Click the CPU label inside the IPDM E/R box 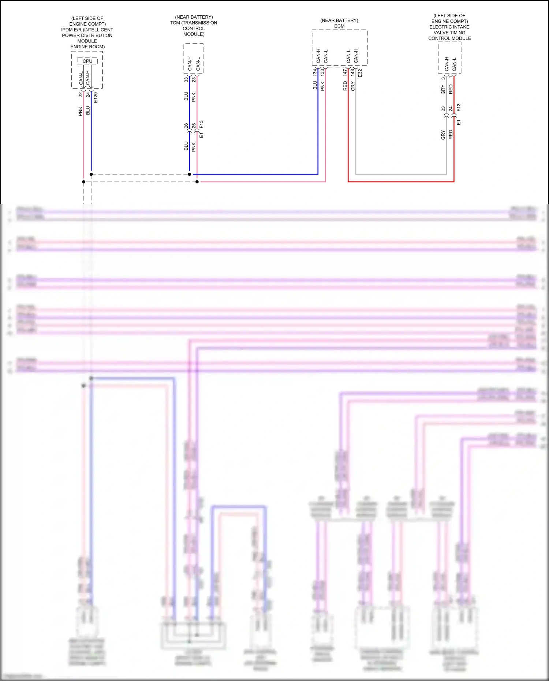[x=87, y=61]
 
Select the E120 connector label [x=96, y=97]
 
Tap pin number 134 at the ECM [x=315, y=72]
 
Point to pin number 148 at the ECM [x=352, y=72]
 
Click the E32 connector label [x=360, y=73]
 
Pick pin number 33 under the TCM [x=186, y=79]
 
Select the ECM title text [x=339, y=26]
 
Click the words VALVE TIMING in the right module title [x=449, y=33]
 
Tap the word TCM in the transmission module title [x=175, y=23]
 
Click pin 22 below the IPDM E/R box [x=81, y=94]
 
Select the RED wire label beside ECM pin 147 [x=345, y=86]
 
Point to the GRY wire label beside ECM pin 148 [x=353, y=86]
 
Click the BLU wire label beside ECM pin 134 [x=315, y=85]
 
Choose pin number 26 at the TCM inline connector [x=186, y=126]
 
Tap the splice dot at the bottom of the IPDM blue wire [x=91, y=174]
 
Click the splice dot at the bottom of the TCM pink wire [x=197, y=182]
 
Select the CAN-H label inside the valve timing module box [x=447, y=64]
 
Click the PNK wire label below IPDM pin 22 [x=81, y=111]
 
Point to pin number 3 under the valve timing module [x=443, y=78]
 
